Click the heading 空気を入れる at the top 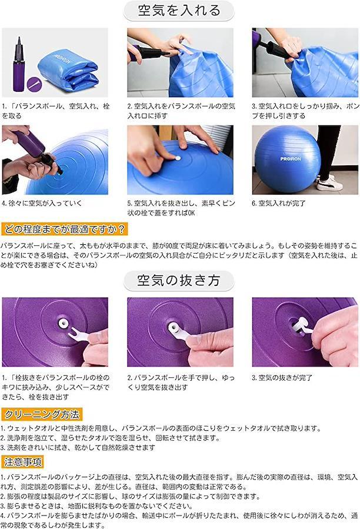pos(179,11)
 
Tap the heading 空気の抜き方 pos(178,280)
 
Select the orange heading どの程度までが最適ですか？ pos(64,229)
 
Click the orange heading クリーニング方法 pos(42,414)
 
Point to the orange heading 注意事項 pos(23,462)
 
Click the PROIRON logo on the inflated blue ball pos(290,158)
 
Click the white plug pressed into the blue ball pos(178,158)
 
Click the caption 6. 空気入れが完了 pos(279,203)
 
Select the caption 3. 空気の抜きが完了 pos(282,378)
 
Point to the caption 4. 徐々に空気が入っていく pos(42,203)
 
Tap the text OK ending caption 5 pos(191,213)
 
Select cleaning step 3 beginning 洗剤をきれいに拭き pos(78,447)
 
